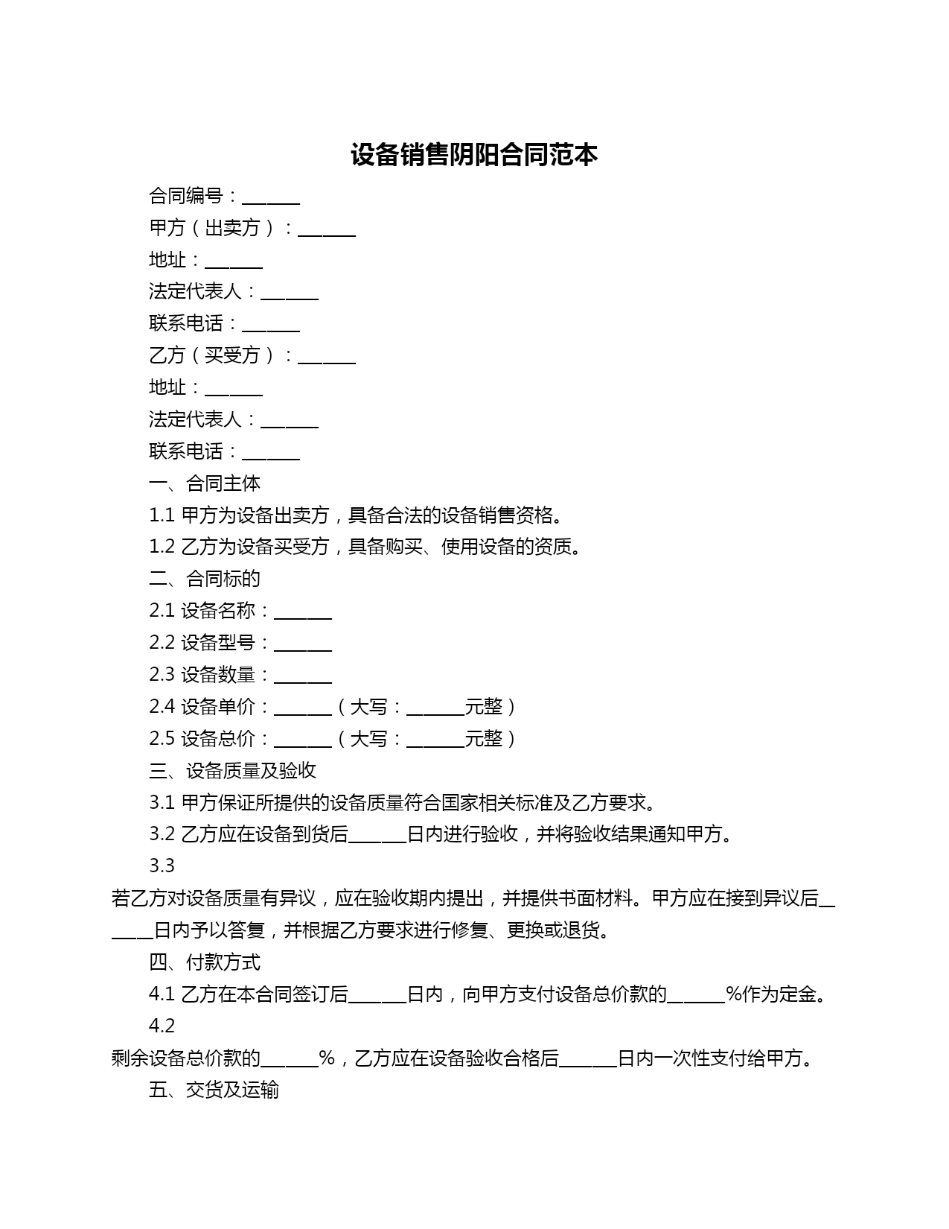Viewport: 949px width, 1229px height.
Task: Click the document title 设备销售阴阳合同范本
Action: coord(474,155)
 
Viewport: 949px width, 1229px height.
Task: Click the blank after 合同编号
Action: coord(271,198)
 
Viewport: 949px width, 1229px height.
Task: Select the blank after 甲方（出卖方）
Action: coord(327,230)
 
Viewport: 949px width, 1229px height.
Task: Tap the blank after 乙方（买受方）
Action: coord(327,358)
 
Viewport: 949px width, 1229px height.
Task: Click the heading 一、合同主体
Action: coord(205,483)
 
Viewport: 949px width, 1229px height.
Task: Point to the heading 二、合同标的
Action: coord(205,579)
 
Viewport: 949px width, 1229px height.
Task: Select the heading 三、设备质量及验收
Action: coord(232,771)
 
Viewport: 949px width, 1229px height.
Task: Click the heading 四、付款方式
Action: coord(205,962)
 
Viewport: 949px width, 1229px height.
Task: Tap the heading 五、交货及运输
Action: coord(214,1090)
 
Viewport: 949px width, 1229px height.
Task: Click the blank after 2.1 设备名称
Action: coord(303,613)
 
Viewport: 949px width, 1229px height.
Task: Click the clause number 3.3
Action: coord(162,866)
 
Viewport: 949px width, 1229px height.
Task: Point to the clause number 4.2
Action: coord(162,1026)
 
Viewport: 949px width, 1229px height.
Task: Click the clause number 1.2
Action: coord(162,547)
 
